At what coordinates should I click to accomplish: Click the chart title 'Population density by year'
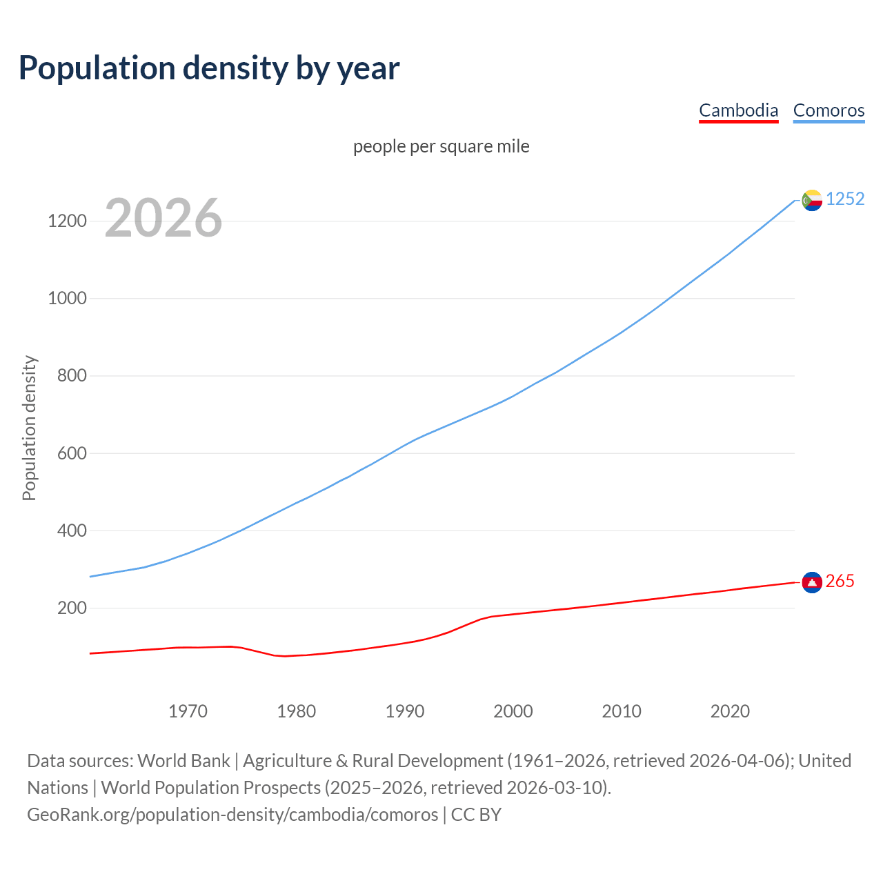coord(209,68)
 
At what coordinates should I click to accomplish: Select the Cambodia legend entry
coord(738,110)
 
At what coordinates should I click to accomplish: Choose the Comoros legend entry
coord(829,110)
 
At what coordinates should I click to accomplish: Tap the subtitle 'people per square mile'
coord(441,146)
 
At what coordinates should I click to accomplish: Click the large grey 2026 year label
coord(163,218)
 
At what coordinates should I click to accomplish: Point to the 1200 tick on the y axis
coord(67,221)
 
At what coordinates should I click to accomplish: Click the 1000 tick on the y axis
coord(67,299)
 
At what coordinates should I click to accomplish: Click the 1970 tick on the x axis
coord(188,711)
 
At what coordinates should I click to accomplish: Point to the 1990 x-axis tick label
coord(405,711)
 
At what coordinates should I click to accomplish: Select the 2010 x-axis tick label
coord(622,711)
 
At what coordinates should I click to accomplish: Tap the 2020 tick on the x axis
coord(730,711)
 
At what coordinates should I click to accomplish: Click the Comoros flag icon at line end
coord(812,200)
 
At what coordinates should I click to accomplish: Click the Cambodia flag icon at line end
coord(812,583)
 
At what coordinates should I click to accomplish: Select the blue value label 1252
coord(845,199)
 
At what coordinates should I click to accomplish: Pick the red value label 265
coord(840,582)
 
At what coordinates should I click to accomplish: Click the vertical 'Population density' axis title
coord(29,428)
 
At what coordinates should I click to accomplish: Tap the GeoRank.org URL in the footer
coord(232,815)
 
